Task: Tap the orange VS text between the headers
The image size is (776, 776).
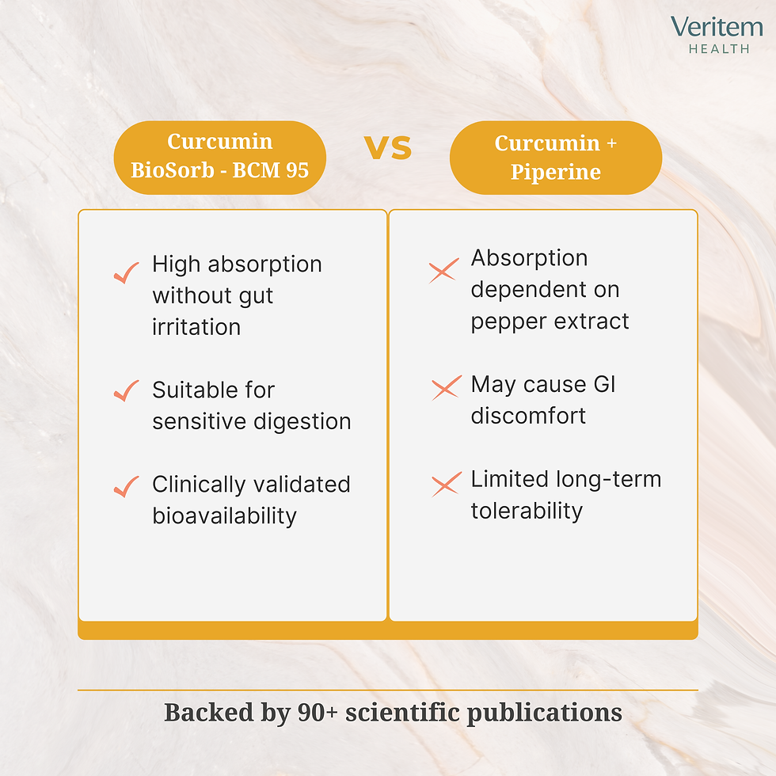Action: [388, 147]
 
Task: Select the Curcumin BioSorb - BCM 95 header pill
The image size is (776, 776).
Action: [220, 157]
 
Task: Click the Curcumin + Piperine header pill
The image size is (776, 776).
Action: [555, 157]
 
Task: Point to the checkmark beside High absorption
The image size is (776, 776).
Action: [126, 274]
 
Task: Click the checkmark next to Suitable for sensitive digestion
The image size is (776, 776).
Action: [126, 391]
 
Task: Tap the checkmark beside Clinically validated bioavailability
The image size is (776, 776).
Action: [126, 487]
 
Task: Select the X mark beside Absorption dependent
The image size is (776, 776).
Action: [443, 272]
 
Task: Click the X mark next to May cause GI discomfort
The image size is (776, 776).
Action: [446, 388]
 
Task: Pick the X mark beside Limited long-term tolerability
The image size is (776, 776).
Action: [446, 484]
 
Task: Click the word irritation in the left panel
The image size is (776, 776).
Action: [196, 327]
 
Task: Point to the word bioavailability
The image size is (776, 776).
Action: [224, 515]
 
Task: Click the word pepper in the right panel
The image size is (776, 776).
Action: [508, 321]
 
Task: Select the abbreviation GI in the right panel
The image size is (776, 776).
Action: [603, 384]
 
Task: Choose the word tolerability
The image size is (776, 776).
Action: [527, 511]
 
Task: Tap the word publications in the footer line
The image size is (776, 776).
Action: [544, 713]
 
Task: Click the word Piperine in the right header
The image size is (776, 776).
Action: [555, 172]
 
